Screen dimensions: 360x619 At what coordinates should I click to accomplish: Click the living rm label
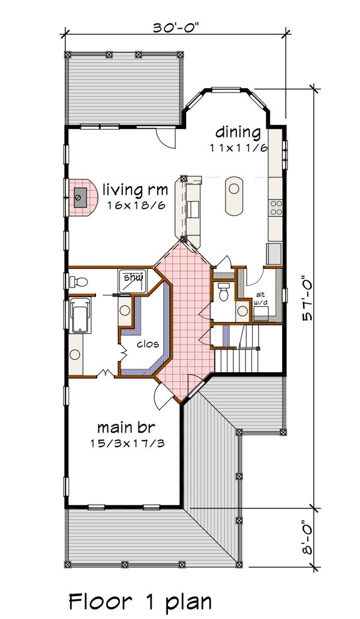point(135,190)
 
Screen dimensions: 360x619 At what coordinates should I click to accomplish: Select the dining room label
point(238,133)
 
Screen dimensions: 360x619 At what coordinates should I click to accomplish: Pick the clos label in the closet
point(148,344)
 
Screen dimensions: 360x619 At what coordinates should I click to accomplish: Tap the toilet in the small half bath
point(224,292)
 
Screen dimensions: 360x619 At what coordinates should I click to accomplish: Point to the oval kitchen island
point(233,196)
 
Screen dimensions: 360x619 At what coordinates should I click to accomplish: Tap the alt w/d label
point(260,298)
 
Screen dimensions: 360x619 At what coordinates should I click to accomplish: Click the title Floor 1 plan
point(140,602)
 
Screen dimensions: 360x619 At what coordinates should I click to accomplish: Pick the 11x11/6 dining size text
point(239,148)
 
